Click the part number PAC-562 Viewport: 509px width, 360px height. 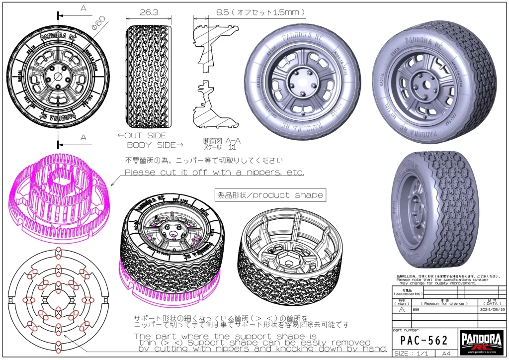pos(424,341)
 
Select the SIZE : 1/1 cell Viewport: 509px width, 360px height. pos(413,354)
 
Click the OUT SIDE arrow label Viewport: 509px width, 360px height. pos(142,135)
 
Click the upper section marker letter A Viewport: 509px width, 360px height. pos(83,8)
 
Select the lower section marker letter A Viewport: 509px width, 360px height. pos(83,137)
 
